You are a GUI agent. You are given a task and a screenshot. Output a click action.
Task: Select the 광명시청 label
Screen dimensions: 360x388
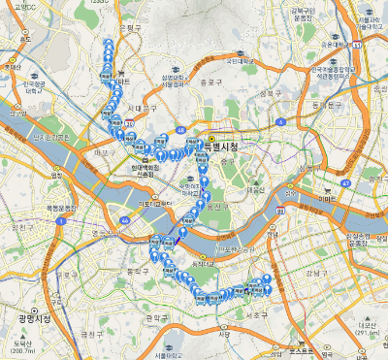(x=32, y=317)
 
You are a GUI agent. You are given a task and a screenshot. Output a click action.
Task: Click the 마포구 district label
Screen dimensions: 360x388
(x=102, y=153)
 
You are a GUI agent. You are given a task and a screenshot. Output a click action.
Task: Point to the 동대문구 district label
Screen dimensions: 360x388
(x=326, y=104)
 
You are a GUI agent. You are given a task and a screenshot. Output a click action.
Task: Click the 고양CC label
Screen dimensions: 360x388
(x=37, y=8)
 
